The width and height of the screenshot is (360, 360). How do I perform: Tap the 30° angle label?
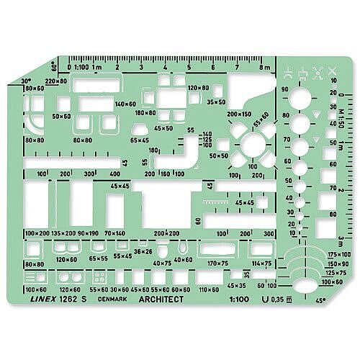click(x=27, y=81)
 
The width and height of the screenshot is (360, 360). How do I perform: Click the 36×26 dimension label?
click(x=143, y=251)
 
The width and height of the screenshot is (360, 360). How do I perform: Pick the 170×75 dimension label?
click(x=218, y=264)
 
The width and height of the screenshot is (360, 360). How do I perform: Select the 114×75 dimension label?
click(x=260, y=264)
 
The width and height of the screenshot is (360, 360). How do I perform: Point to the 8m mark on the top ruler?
click(x=265, y=67)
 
